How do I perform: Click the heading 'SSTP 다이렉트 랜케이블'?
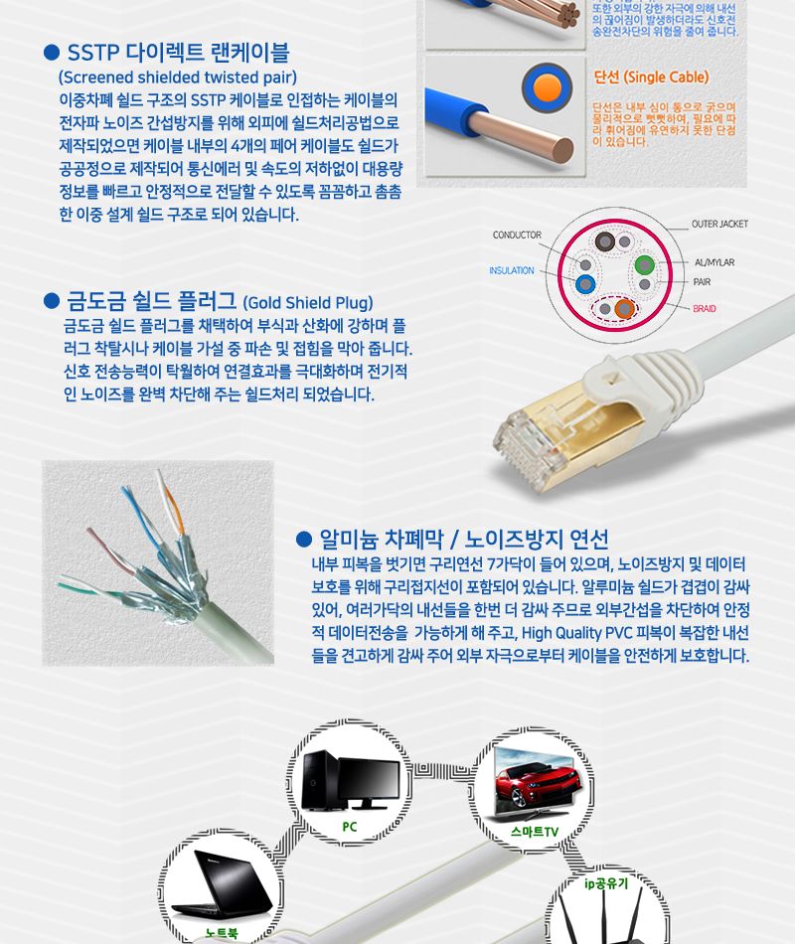tap(178, 53)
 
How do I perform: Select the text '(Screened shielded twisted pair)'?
tap(178, 78)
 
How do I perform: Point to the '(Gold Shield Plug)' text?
tap(308, 302)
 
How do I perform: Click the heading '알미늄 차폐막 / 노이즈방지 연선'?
tap(462, 540)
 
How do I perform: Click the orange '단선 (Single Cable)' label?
tap(651, 78)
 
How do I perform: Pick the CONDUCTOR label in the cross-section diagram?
tap(517, 236)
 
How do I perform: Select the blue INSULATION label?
tap(512, 270)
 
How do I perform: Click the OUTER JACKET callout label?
tap(719, 225)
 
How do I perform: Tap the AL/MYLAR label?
tap(715, 262)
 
